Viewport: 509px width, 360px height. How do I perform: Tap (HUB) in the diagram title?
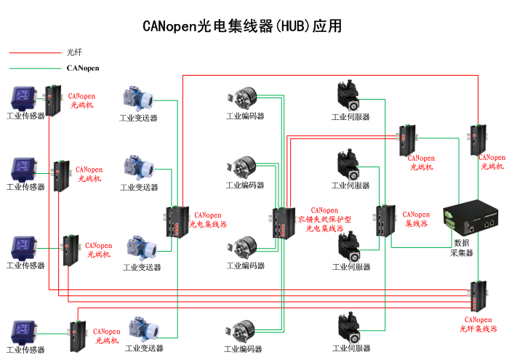coord(293,27)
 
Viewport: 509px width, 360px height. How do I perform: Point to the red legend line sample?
coord(33,52)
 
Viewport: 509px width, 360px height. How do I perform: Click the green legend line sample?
coord(33,68)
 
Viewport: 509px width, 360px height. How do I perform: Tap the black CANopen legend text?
coord(83,68)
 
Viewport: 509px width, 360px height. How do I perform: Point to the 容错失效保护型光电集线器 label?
coord(324,220)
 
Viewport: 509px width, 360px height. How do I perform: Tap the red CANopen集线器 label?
coord(416,219)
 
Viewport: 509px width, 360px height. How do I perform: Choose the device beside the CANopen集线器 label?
coord(385,221)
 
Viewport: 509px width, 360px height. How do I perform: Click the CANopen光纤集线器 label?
coord(478,324)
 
